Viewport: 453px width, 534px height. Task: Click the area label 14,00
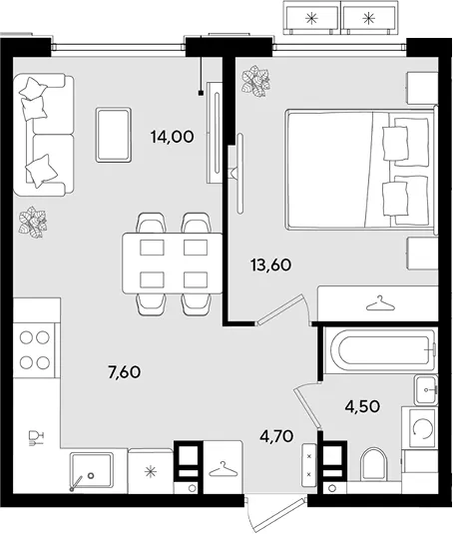(x=173, y=137)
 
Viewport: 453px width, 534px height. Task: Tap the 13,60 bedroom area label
(x=271, y=265)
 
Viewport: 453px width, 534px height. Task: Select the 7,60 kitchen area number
(x=124, y=372)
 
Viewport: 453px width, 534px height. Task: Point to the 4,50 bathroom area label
(x=362, y=406)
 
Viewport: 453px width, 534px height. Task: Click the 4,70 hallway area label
(x=276, y=436)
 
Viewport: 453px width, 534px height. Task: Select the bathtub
(x=379, y=350)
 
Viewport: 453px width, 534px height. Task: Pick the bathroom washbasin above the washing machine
(x=425, y=390)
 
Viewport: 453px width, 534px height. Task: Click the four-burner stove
(x=34, y=350)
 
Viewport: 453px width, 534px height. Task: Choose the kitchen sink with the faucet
(x=91, y=473)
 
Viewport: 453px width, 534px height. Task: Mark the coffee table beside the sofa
(x=114, y=135)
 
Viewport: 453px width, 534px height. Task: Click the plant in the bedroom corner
(x=255, y=81)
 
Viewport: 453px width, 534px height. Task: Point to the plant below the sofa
(x=33, y=222)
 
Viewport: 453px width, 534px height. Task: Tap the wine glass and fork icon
(x=36, y=438)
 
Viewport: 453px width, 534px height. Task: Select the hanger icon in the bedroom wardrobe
(x=381, y=303)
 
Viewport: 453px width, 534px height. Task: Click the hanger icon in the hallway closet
(x=224, y=469)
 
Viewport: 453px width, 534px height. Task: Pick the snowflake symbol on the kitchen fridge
(x=150, y=472)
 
